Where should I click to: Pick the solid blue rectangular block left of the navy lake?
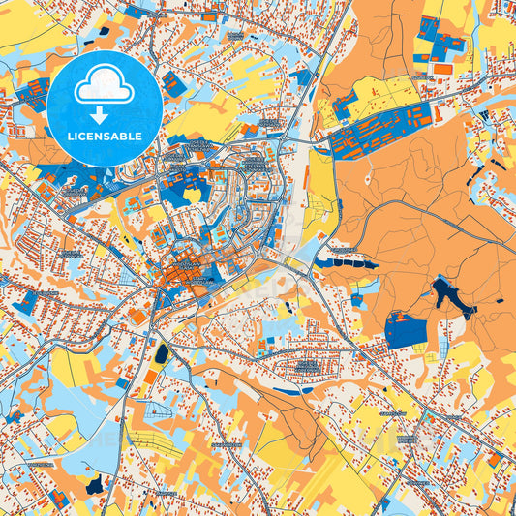[406, 331]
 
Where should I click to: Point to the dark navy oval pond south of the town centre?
[161, 355]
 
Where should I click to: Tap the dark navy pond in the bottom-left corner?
[94, 483]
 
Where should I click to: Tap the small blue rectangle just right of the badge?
[174, 82]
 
